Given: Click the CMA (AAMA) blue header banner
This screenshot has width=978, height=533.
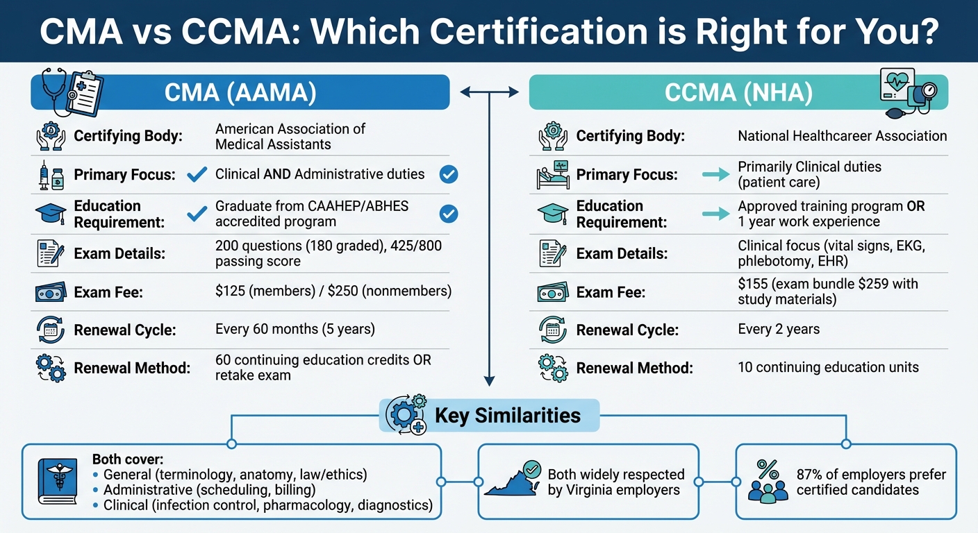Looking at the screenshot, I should point(240,92).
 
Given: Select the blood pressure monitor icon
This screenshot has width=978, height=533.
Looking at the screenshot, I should point(906,93).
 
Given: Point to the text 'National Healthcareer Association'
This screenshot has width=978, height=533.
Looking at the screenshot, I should point(842,136).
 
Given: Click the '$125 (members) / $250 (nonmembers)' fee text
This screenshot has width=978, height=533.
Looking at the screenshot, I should point(333,291).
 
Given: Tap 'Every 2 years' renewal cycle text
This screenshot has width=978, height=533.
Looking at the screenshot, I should point(779,329).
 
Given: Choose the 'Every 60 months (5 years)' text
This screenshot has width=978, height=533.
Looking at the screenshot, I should point(295,329).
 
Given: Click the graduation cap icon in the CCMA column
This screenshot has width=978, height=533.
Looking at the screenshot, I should point(553,214).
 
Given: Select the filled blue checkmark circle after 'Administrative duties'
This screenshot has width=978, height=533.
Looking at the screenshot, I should point(449,175).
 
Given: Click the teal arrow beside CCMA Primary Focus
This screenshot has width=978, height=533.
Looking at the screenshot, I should point(715,175).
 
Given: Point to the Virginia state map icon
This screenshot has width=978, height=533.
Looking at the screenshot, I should point(513,480).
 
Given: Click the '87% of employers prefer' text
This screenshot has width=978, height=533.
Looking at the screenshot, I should point(871,475).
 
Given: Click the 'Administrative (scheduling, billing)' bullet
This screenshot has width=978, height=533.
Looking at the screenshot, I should point(221,490).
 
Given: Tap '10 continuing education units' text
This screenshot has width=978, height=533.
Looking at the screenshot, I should point(828,367).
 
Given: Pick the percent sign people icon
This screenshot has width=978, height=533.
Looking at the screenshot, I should point(768,481).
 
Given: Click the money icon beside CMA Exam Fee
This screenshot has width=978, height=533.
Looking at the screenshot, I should point(51,291).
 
